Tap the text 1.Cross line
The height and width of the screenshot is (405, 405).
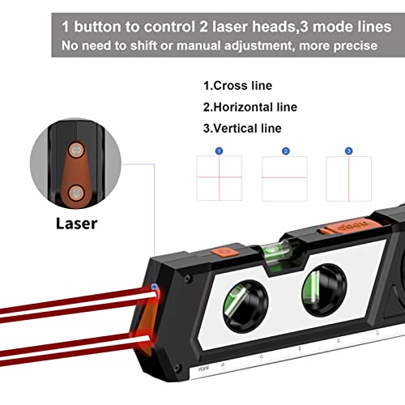click(237, 86)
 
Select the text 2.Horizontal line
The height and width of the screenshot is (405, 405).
click(249, 107)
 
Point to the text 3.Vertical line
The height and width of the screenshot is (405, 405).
click(242, 128)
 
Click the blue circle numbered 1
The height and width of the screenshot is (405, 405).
click(219, 151)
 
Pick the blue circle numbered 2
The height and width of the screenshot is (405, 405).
click(285, 151)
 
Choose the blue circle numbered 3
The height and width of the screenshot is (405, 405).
click(348, 151)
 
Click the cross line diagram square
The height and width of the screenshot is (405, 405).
click(219, 178)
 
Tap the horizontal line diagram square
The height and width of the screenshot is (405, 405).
click(285, 178)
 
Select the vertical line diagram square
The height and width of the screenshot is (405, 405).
click(348, 178)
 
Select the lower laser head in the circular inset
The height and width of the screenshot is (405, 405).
click(75, 191)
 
